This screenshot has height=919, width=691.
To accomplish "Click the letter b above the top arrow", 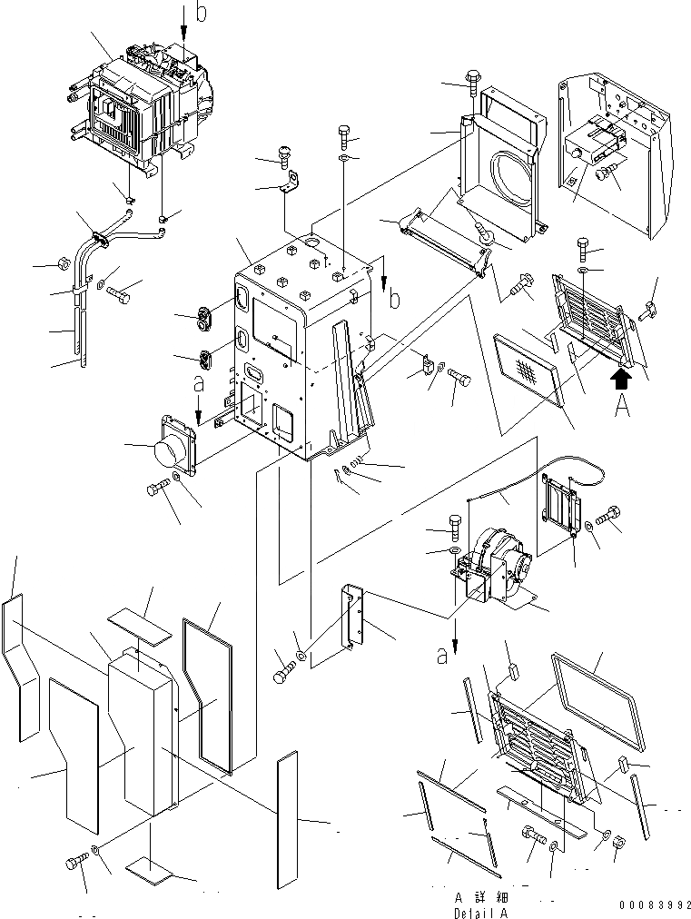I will pyautogui.click(x=202, y=12).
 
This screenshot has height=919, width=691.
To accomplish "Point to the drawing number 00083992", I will pyautogui.click(x=650, y=905).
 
